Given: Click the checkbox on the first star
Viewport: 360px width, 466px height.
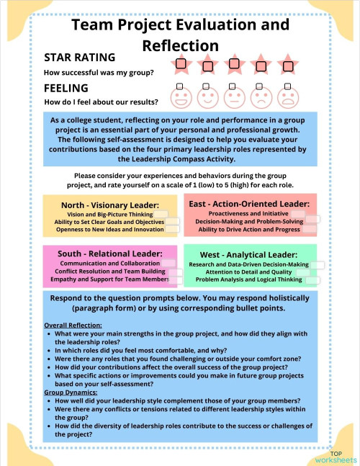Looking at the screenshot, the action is [180, 64].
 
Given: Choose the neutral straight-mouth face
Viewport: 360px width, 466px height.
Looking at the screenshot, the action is [233, 97].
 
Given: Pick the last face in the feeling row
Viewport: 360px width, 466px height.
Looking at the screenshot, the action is [287, 97].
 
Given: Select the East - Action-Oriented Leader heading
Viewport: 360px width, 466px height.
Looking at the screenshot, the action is [249, 204].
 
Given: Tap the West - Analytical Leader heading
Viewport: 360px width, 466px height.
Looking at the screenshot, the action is [248, 255].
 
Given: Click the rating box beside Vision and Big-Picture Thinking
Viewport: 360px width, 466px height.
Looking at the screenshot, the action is [161, 215].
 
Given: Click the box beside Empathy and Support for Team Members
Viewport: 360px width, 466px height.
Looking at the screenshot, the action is [174, 279].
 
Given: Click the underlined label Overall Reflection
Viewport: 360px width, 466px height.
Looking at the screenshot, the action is [73, 325].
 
